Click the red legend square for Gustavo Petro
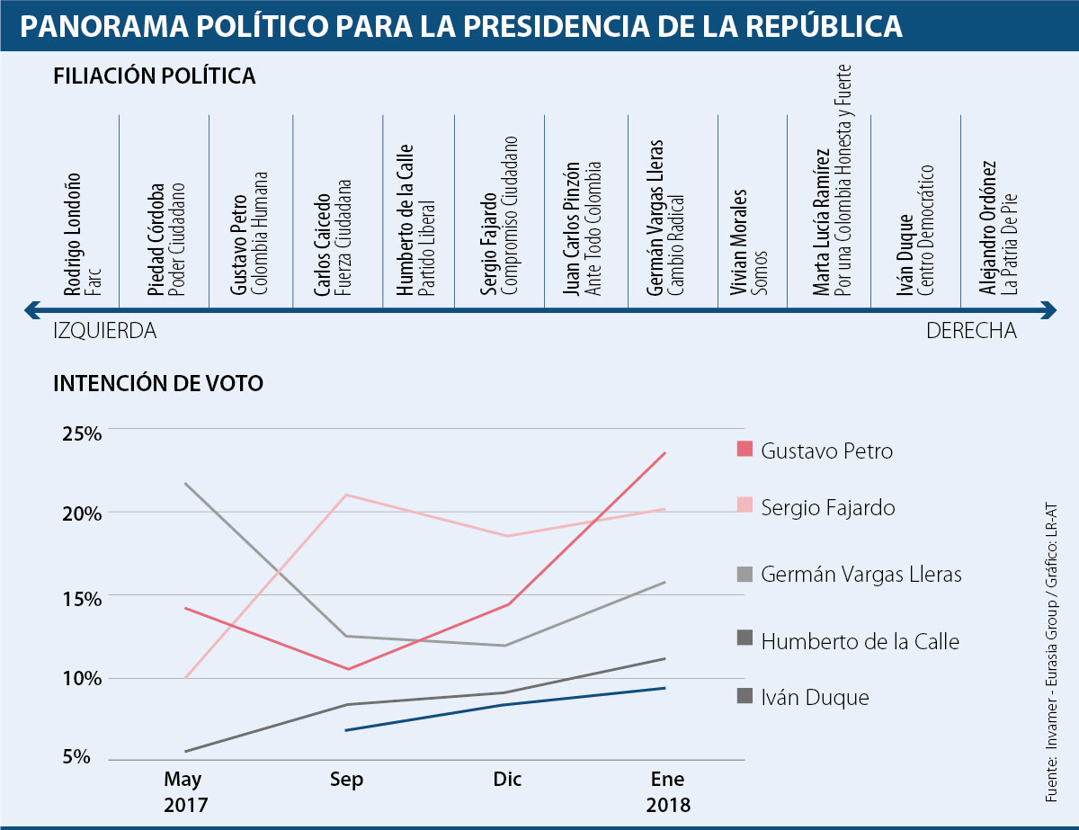coord(744,450)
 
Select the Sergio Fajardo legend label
coord(827,508)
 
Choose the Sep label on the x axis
coord(346,780)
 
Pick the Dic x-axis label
coord(506,780)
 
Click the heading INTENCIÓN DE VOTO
coord(158,383)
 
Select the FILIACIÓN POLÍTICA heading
coord(155,76)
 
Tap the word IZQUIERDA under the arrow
coord(105,331)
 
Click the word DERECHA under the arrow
coord(971,331)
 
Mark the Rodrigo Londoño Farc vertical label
coord(80,234)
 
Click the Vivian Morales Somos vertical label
coord(745,242)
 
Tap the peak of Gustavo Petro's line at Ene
coord(665,452)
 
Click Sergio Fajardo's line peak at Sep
coord(346,495)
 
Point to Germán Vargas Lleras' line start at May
coord(185,484)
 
